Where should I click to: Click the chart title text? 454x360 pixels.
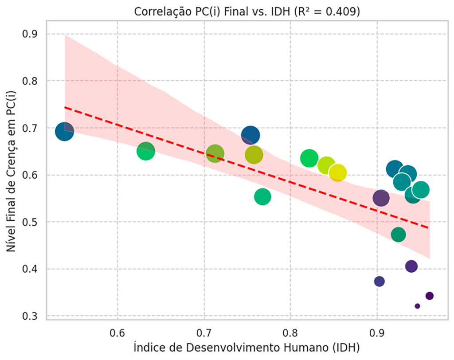(x=247, y=12)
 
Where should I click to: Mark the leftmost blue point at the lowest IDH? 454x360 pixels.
(x=65, y=132)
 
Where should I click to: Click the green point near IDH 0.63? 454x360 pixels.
(x=146, y=151)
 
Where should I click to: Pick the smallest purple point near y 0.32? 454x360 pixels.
(x=417, y=306)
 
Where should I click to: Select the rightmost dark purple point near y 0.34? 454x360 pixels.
(x=429, y=296)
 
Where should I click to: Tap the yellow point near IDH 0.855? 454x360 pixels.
(x=338, y=173)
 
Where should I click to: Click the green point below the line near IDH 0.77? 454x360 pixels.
(x=262, y=196)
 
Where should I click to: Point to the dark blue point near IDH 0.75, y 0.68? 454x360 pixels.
(x=250, y=135)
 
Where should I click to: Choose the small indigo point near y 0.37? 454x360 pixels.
(x=379, y=281)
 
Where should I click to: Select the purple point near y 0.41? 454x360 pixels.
(x=411, y=266)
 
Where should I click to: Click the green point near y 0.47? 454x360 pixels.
(x=398, y=235)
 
